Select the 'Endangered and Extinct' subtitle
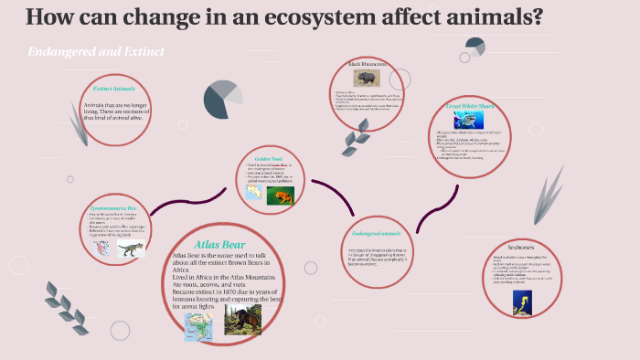tap(96, 52)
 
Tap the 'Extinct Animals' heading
tap(113, 90)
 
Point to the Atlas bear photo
tap(242, 320)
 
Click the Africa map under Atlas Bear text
tap(197, 325)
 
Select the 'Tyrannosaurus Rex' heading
tap(114, 208)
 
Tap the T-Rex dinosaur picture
tap(131, 249)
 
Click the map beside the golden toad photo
tap(253, 193)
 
